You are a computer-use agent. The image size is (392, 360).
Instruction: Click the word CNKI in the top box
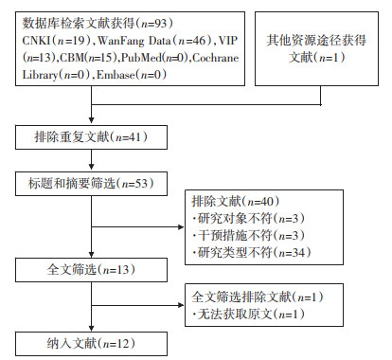click(36, 41)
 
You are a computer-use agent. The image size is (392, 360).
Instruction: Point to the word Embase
click(116, 75)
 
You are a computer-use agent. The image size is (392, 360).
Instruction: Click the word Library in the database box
click(40, 76)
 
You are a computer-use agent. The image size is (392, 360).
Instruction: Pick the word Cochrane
click(216, 58)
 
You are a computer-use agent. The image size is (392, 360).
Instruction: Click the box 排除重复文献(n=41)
click(91, 137)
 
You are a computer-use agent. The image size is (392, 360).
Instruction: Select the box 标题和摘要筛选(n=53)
click(91, 184)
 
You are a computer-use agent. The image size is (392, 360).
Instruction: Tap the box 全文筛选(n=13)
click(91, 270)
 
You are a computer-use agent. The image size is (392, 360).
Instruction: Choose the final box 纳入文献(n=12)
click(91, 344)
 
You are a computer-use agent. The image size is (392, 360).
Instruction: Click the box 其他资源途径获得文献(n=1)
click(316, 48)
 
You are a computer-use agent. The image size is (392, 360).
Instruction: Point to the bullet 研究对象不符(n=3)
click(248, 219)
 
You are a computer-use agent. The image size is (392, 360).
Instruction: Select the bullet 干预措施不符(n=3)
click(248, 236)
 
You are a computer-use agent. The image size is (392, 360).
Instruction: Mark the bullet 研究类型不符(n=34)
click(252, 253)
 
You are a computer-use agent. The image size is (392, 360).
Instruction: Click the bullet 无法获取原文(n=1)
click(248, 315)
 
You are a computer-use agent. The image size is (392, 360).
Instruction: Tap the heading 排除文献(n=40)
click(236, 202)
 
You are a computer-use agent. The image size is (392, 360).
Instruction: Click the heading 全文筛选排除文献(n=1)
click(258, 297)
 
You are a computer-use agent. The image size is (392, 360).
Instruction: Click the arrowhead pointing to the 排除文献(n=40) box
click(182, 226)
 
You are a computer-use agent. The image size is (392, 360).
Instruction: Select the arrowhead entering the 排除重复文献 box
click(91, 120)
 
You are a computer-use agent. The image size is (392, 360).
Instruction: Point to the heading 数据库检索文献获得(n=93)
click(98, 24)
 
